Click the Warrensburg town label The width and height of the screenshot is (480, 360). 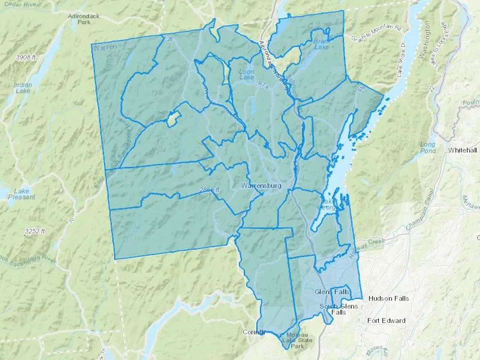click(261, 186)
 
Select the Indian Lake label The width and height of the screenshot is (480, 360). click(23, 88)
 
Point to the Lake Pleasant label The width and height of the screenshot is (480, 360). click(22, 194)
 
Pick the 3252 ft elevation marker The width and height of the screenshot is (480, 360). click(35, 231)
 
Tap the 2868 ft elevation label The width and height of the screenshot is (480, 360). click(209, 190)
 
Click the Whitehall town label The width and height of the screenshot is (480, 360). click(462, 150)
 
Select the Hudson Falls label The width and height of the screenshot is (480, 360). click(389, 298)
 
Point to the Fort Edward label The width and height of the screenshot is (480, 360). click(386, 321)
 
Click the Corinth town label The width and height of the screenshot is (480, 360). click(253, 332)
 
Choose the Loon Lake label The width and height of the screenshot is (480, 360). click(246, 74)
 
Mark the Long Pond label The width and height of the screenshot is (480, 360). click(428, 147)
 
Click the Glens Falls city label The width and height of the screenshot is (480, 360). click(332, 292)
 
